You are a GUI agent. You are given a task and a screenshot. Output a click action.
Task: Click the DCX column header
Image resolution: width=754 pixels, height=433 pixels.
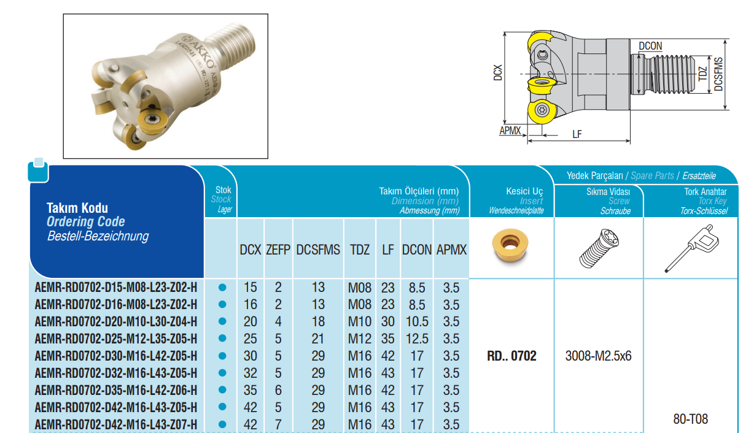point(250,250)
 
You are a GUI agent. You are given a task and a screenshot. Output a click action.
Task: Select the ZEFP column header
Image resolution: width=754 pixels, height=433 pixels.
point(278,250)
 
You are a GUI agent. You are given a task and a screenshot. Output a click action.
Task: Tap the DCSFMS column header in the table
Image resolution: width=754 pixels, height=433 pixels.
point(318,250)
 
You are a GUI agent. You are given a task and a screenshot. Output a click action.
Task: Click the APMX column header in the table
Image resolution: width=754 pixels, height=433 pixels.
point(451,250)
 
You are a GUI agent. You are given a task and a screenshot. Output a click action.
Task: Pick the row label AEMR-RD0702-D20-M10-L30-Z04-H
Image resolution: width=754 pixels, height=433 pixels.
point(116,322)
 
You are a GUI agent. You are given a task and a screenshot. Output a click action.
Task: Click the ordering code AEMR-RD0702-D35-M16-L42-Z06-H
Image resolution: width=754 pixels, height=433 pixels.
point(116,390)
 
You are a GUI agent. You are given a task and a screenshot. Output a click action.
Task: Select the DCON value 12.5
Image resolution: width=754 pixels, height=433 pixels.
point(417,339)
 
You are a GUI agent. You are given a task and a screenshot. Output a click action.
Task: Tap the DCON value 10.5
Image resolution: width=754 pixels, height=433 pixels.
point(417,322)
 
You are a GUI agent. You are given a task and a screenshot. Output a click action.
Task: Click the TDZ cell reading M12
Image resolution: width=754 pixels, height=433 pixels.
point(359,339)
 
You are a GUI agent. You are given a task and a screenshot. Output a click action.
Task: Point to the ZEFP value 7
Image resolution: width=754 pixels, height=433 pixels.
point(278,424)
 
